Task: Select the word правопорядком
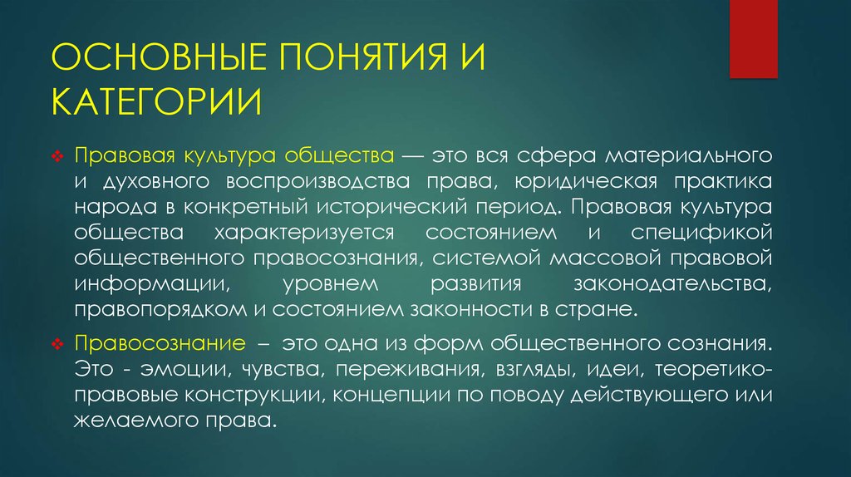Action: point(154,310)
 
